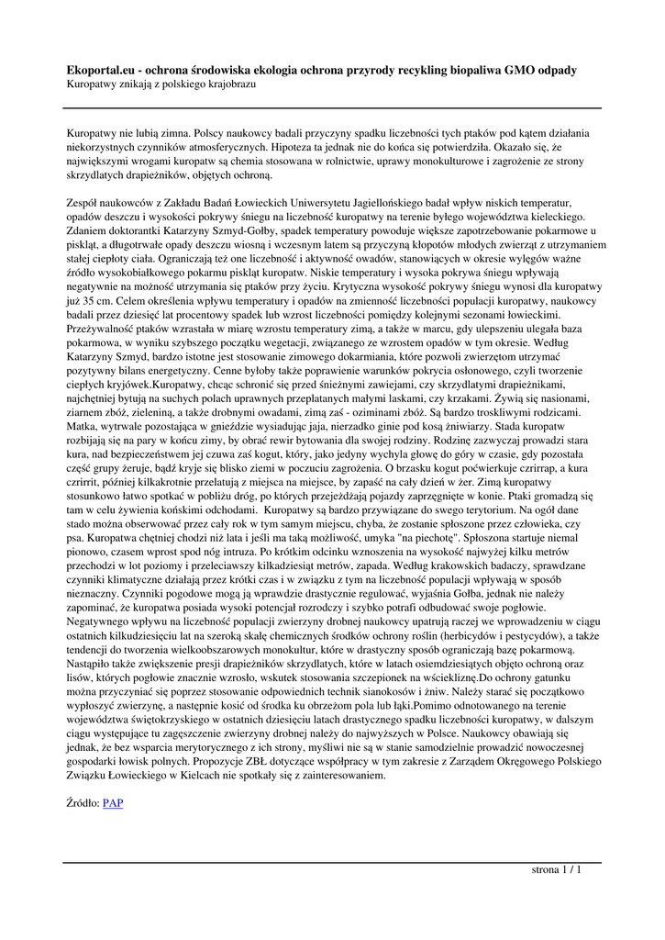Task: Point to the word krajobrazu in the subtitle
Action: [x=227, y=84]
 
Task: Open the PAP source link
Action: [x=113, y=803]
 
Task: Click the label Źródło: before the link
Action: [x=83, y=803]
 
